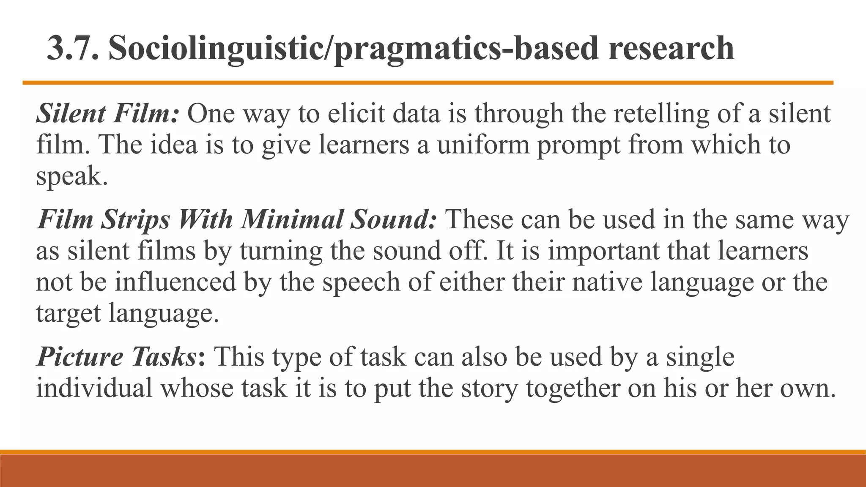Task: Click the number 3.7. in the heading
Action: point(73,48)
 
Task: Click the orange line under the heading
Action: point(427,83)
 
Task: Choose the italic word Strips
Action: point(135,220)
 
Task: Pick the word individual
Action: point(94,388)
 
